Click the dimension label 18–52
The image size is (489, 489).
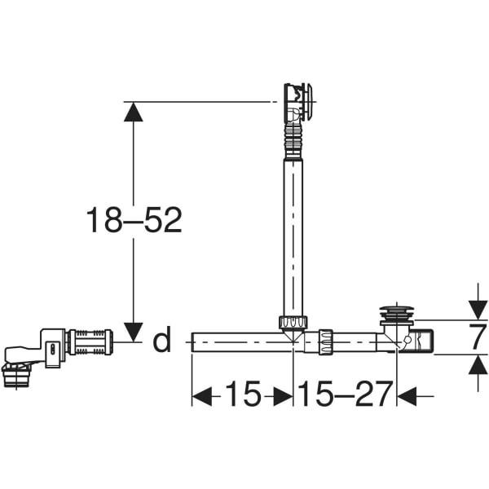tap(134, 220)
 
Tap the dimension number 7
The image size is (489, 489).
tap(478, 337)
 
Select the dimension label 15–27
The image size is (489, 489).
tap(345, 394)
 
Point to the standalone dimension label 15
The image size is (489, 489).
tap(243, 394)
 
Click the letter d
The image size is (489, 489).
tap(162, 340)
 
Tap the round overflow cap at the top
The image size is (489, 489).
tap(308, 102)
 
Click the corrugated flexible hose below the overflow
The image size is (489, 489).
tap(293, 140)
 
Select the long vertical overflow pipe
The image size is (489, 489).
tap(293, 238)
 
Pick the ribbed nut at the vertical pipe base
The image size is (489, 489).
tap(293, 322)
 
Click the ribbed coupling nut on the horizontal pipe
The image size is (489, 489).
tap(325, 341)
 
